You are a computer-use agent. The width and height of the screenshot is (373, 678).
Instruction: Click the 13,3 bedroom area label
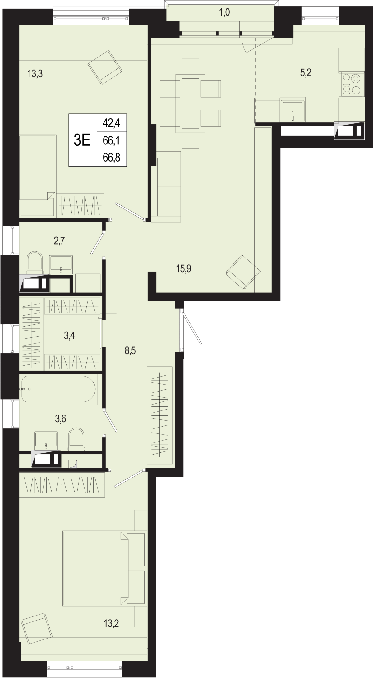pos(35,74)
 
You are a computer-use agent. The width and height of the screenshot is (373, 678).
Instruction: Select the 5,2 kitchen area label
pos(306,73)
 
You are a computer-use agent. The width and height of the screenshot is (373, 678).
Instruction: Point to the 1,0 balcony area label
pos(224,13)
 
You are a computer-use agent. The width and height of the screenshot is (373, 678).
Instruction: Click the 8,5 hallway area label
pos(130,351)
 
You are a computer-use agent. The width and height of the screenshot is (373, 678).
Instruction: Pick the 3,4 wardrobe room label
pos(69,336)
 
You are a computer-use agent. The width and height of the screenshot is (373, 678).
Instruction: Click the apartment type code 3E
pos(82,140)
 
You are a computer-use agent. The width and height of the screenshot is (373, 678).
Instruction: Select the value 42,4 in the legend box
pos(111,123)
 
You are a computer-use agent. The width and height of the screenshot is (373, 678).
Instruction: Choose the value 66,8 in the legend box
pos(111,158)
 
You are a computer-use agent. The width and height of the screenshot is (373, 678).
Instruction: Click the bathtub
pos(58,389)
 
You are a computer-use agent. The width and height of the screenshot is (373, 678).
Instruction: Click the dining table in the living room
pos(190,103)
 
